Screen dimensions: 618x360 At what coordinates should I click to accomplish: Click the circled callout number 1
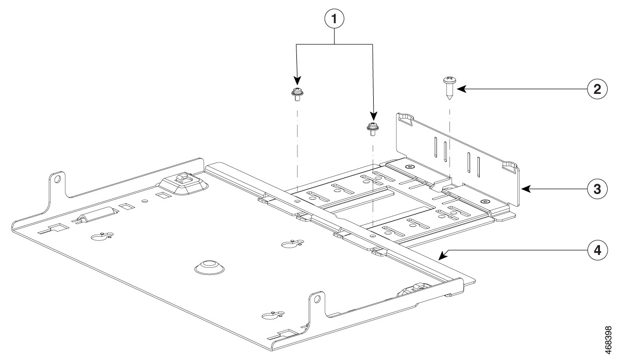pos(334,19)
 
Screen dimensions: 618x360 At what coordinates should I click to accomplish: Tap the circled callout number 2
pos(597,89)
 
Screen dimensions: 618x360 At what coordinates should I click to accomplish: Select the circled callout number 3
pos(597,189)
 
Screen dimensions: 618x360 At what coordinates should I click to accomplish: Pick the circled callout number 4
pos(597,250)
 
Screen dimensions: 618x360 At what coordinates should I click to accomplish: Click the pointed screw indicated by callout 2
pos(448,87)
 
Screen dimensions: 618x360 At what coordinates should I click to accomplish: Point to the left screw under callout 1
pos(297,94)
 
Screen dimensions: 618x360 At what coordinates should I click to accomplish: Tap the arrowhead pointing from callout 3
pos(527,189)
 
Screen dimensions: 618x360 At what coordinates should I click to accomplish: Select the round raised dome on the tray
pos(209,267)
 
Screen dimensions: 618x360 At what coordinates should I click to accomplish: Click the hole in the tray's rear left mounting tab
pos(58,179)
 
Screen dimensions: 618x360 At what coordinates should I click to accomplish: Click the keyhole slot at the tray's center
pos(292,243)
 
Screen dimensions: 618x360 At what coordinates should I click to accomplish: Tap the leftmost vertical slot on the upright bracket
pos(436,146)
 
